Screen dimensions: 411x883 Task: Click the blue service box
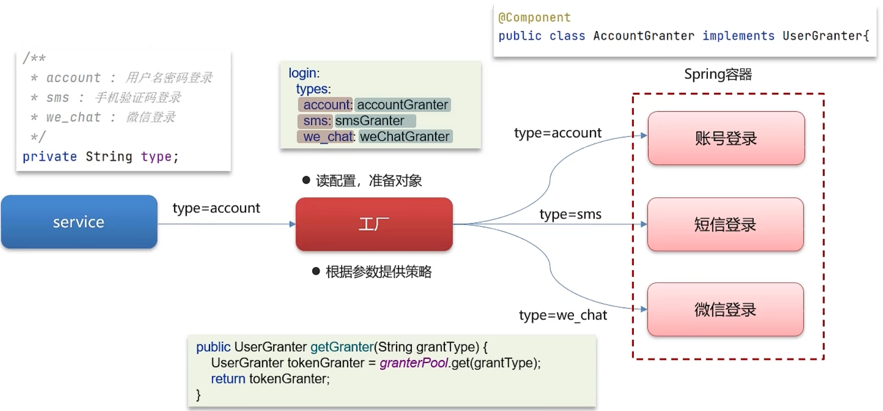pyautogui.click(x=79, y=222)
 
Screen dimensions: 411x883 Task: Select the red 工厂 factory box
pyautogui.click(x=374, y=224)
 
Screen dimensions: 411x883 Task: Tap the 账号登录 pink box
pyautogui.click(x=726, y=138)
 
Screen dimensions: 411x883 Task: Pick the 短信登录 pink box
pyautogui.click(x=725, y=224)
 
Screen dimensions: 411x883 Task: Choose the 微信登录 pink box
pyautogui.click(x=725, y=309)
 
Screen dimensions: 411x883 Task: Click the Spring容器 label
pyautogui.click(x=718, y=74)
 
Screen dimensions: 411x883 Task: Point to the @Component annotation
pyautogui.click(x=534, y=18)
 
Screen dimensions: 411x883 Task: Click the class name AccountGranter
pyautogui.click(x=643, y=36)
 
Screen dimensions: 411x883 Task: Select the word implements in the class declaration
pyautogui.click(x=738, y=36)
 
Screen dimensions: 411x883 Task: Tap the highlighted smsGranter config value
pyautogui.click(x=370, y=121)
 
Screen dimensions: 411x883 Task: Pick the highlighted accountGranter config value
pyautogui.click(x=402, y=105)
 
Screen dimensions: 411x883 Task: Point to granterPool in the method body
pyautogui.click(x=413, y=363)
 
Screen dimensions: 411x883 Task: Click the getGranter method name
pyautogui.click(x=342, y=347)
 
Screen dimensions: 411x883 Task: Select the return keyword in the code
pyautogui.click(x=228, y=379)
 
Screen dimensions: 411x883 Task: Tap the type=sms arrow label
pyautogui.click(x=570, y=214)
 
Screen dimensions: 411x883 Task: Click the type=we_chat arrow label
pyautogui.click(x=562, y=315)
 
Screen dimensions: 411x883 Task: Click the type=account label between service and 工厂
pyautogui.click(x=216, y=208)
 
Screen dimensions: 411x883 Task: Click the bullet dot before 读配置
pyautogui.click(x=306, y=180)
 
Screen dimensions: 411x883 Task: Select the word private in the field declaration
pyautogui.click(x=50, y=157)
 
